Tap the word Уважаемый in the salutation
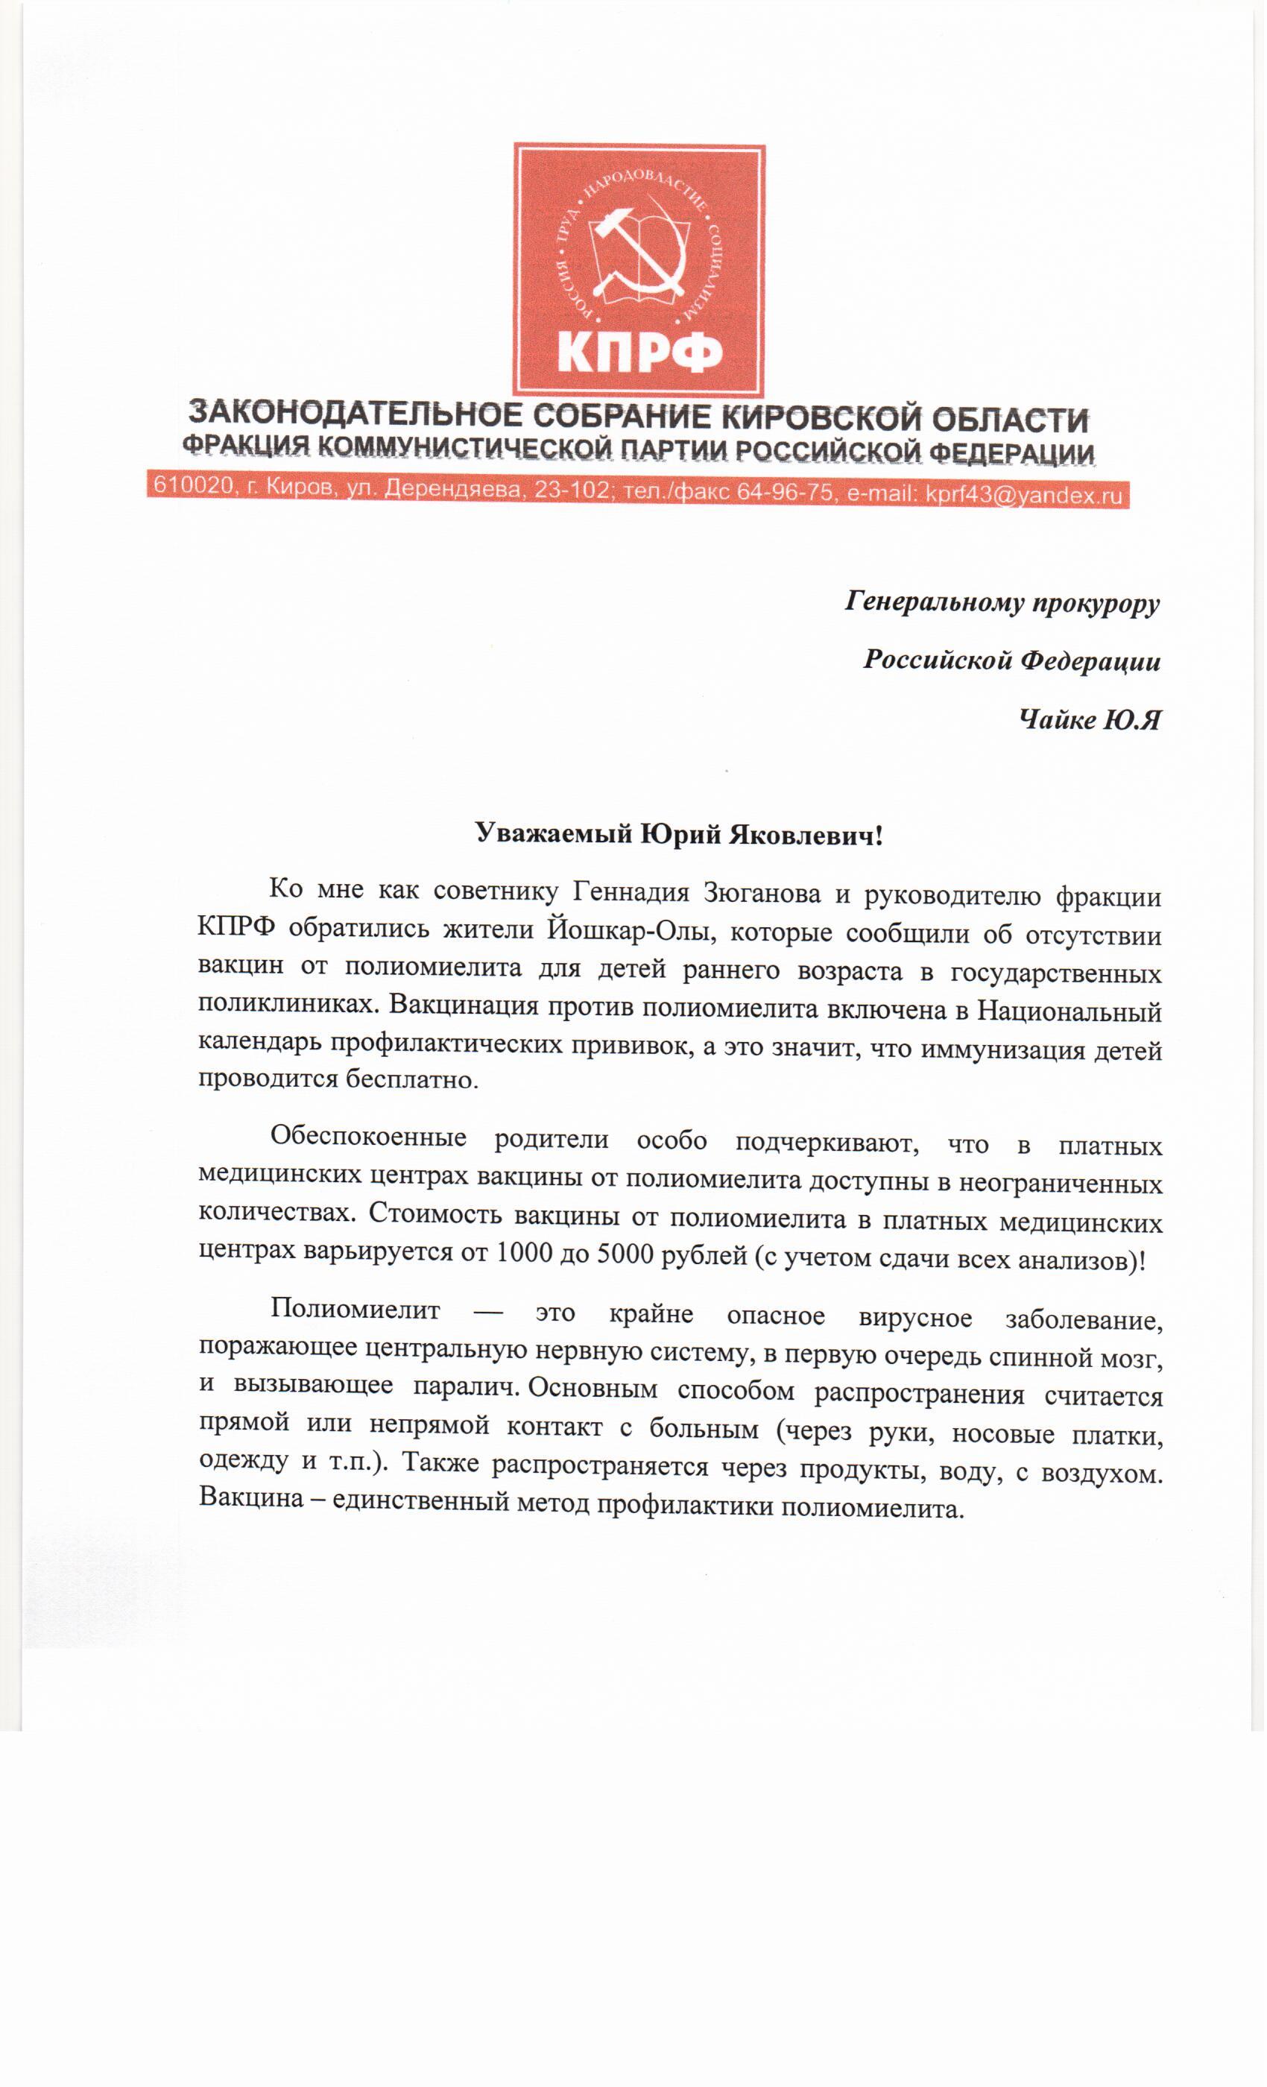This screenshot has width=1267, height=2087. [x=554, y=834]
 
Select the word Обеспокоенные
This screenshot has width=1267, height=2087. [x=368, y=1137]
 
